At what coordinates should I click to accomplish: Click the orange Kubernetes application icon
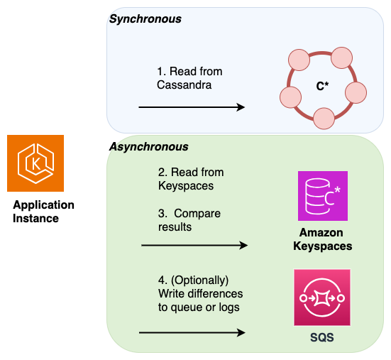click(x=35, y=163)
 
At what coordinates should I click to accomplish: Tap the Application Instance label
click(x=43, y=212)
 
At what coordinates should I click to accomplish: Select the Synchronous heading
click(x=145, y=19)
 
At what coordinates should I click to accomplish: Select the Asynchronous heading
click(x=148, y=147)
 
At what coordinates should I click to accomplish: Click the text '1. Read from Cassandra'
click(x=189, y=78)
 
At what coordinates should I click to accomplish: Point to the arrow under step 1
click(x=192, y=107)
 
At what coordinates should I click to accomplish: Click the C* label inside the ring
click(x=322, y=86)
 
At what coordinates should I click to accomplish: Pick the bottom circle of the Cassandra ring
click(x=324, y=118)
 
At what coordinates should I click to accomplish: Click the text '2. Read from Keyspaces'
click(x=190, y=179)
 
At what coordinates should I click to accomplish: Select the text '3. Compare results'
click(x=189, y=219)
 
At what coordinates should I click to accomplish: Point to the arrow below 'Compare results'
click(x=194, y=246)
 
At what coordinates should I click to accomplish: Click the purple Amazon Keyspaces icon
click(x=323, y=196)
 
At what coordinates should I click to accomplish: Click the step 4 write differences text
click(x=199, y=294)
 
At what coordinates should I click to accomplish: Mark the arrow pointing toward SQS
click(x=193, y=332)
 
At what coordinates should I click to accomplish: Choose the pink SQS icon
click(x=322, y=298)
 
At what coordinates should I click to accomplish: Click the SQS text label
click(x=321, y=339)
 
